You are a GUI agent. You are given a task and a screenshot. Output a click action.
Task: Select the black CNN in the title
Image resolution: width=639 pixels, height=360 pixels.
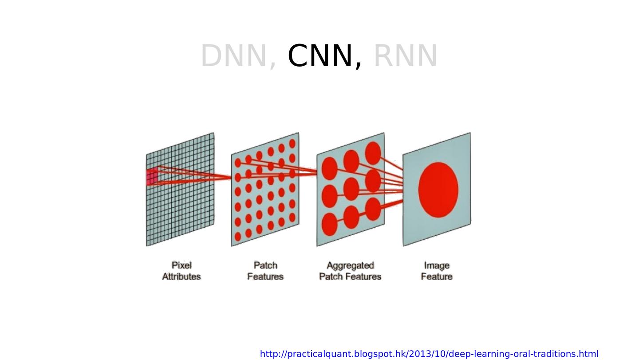[x=321, y=56]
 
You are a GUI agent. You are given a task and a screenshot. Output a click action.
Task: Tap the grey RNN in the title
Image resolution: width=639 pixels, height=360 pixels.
[x=406, y=56]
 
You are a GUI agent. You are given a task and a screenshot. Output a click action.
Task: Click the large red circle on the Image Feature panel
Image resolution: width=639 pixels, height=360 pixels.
[x=438, y=190]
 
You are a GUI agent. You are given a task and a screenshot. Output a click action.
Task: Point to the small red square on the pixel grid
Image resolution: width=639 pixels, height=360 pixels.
[x=152, y=177]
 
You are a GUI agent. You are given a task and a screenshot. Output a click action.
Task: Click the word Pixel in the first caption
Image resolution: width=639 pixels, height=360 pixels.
[x=181, y=265]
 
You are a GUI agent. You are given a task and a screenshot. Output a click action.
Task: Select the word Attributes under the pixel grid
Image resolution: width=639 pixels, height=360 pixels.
[x=181, y=277]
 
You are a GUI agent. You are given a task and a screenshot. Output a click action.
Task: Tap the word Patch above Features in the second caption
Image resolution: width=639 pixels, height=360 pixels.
[x=265, y=265]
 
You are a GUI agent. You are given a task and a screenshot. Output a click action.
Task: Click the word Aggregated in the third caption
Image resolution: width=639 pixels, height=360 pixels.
[x=350, y=265]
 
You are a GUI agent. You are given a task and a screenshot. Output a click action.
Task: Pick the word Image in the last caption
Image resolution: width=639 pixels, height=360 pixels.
[x=437, y=265]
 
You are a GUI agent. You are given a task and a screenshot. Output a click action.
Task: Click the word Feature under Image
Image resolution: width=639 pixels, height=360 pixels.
[x=437, y=277]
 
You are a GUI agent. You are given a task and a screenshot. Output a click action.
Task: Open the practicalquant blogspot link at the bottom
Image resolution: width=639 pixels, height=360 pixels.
[x=429, y=354]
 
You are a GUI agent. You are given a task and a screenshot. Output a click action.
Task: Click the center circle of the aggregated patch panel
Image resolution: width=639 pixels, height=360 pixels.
[x=351, y=189]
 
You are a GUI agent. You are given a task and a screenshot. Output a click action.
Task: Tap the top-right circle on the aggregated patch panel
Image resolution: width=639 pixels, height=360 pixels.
[x=373, y=153]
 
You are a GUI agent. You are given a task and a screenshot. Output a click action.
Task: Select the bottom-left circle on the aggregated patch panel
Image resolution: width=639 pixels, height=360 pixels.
[x=329, y=224]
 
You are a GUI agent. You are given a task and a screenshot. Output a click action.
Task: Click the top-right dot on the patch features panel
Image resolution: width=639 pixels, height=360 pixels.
[x=292, y=144]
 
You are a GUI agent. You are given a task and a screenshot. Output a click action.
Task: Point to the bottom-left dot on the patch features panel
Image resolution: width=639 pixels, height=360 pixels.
[x=238, y=237]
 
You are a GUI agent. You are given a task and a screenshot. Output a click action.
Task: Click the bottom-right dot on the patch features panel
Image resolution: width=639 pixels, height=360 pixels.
[x=292, y=218]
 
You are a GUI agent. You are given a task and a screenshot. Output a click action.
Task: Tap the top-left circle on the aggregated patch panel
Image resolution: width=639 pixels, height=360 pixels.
[x=329, y=168]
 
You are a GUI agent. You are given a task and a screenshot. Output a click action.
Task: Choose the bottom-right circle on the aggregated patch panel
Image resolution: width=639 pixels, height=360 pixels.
[x=373, y=209]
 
